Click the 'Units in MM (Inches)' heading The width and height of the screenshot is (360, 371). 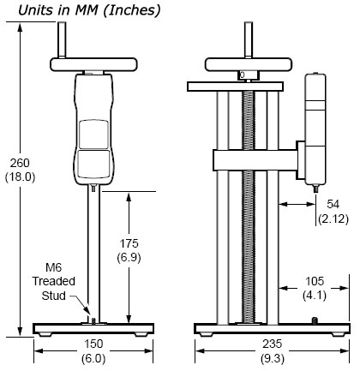coord(89,10)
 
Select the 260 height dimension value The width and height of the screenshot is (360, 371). coord(20,163)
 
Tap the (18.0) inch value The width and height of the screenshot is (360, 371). coord(20,177)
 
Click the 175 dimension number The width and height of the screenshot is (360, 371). coord(129,243)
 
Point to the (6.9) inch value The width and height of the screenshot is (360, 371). coord(129,258)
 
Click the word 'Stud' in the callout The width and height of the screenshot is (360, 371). coord(53,296)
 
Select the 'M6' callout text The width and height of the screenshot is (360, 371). coord(54,267)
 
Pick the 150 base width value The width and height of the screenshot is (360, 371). coord(93,344)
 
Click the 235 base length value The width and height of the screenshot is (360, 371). coord(273,344)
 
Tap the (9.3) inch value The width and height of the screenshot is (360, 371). coord(273,358)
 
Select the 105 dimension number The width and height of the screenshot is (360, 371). coord(315,281)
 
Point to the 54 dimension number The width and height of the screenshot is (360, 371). coord(333,204)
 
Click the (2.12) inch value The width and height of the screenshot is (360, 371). coord(333,218)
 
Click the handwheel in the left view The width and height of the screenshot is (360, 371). coord(93,64)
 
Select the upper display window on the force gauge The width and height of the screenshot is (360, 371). coord(93,135)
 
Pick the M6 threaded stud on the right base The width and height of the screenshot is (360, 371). coord(315,320)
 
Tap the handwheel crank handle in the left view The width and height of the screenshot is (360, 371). coord(62,40)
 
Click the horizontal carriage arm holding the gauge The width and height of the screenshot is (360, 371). coord(255,160)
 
